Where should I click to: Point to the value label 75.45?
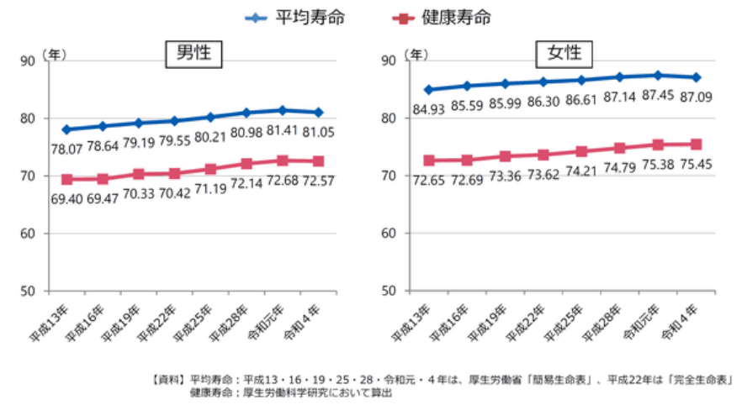coord(695,163)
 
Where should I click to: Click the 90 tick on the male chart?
coord(27,60)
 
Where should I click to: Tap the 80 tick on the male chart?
coord(27,118)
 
